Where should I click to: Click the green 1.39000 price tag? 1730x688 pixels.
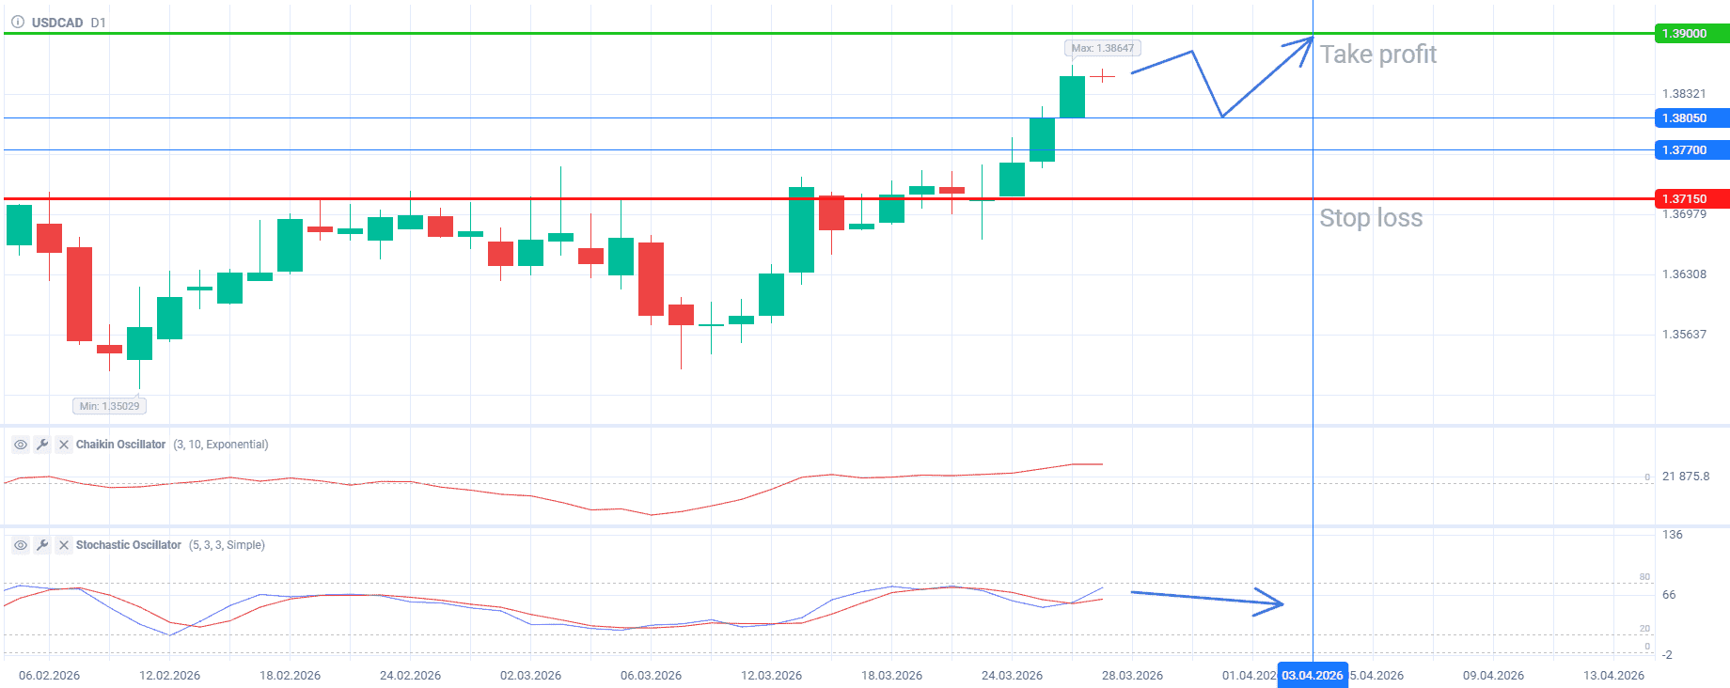pyautogui.click(x=1690, y=34)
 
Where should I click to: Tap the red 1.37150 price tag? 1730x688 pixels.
pyautogui.click(x=1690, y=198)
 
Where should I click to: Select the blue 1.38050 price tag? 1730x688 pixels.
pyautogui.click(x=1690, y=118)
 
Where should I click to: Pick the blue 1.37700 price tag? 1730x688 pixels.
pyautogui.click(x=1690, y=150)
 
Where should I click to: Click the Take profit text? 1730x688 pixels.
pyautogui.click(x=1377, y=55)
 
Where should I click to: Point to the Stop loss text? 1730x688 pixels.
pyautogui.click(x=1371, y=218)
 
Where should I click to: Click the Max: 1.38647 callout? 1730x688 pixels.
pyautogui.click(x=1102, y=48)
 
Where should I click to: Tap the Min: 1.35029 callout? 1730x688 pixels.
pyautogui.click(x=109, y=406)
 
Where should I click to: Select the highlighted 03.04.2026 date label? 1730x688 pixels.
pyautogui.click(x=1312, y=675)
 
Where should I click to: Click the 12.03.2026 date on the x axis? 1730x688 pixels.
pyautogui.click(x=771, y=675)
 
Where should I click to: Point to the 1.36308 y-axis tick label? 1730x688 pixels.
pyautogui.click(x=1684, y=274)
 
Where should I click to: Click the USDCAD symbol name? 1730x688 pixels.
pyautogui.click(x=57, y=23)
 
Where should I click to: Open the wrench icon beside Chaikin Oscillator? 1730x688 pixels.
pyautogui.click(x=42, y=445)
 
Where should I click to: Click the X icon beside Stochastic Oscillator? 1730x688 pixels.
pyautogui.click(x=64, y=545)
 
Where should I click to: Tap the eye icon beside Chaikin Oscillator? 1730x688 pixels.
pyautogui.click(x=20, y=445)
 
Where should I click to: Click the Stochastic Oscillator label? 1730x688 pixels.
pyautogui.click(x=129, y=545)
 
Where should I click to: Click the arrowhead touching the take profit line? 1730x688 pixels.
pyautogui.click(x=1306, y=43)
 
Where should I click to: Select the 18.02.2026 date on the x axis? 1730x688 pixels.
pyautogui.click(x=290, y=675)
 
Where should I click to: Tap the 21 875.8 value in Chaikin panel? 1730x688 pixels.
pyautogui.click(x=1685, y=477)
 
